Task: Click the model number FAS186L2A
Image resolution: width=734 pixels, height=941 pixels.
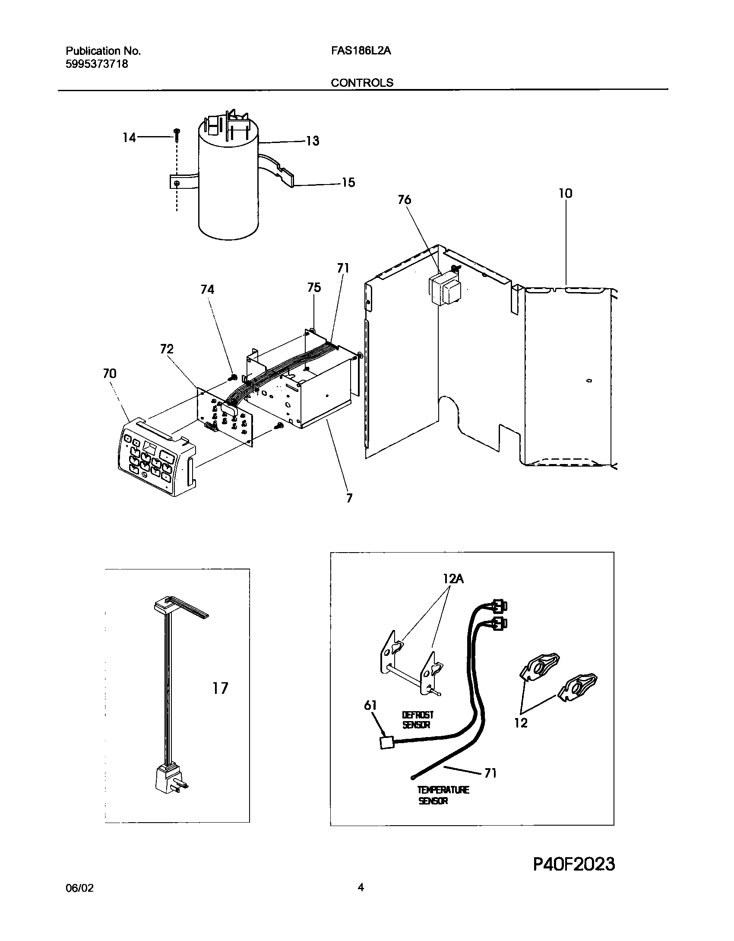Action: coord(361,51)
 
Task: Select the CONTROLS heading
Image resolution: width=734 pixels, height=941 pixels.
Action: coord(362,83)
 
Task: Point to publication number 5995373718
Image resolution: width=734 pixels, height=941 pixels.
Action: coord(97,64)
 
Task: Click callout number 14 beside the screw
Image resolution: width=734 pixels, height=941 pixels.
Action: coord(129,138)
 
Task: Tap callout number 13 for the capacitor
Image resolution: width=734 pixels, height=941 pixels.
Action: coord(313,141)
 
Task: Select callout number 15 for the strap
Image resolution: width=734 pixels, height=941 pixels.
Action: coord(348,183)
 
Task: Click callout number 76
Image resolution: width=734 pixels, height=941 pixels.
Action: coord(405,200)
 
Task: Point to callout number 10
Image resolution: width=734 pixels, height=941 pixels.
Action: coord(566,193)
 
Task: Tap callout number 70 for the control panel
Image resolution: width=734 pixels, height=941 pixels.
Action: coord(110,373)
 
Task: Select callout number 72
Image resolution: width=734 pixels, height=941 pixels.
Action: coord(167,349)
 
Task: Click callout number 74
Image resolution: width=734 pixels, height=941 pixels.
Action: coord(207,289)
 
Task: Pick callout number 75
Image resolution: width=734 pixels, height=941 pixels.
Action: coord(314,287)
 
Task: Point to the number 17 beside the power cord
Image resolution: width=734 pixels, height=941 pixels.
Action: coord(220,688)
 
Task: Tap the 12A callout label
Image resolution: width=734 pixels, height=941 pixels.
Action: coord(453,579)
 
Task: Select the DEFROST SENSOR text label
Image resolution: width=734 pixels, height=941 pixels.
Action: coord(418,720)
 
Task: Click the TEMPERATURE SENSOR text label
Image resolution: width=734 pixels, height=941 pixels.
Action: coord(443,795)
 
